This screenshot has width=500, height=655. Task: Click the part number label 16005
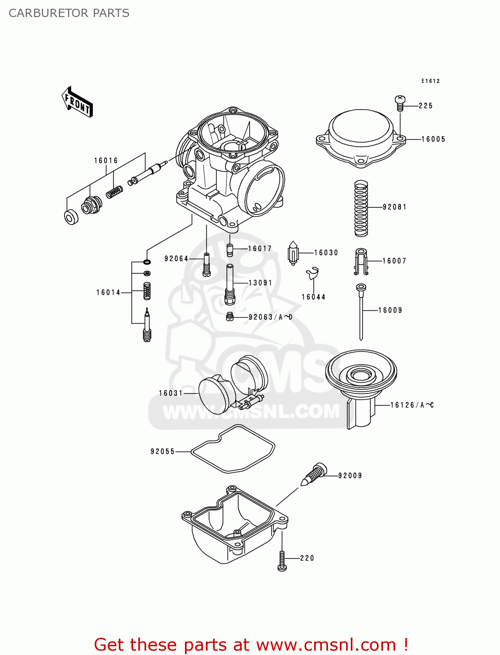click(433, 139)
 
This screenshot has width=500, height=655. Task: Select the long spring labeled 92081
click(361, 208)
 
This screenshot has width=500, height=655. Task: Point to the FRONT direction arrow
click(78, 102)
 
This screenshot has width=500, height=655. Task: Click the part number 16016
click(106, 161)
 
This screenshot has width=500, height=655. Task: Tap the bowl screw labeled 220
click(282, 560)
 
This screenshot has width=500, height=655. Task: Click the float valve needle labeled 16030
click(294, 253)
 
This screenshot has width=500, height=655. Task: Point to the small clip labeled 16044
click(312, 274)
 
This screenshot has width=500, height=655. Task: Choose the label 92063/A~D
click(270, 317)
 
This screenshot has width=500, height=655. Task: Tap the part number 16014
click(108, 293)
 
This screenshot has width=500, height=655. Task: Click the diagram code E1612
click(430, 81)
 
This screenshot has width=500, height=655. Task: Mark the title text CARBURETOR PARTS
click(69, 13)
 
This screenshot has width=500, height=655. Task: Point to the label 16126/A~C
click(411, 405)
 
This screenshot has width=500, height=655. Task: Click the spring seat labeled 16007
click(360, 262)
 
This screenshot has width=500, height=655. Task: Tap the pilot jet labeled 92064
click(206, 265)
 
